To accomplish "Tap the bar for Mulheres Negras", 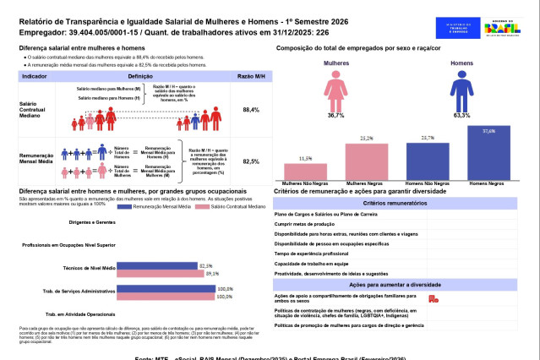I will coord(367,160).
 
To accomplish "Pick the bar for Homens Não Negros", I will coord(428,159).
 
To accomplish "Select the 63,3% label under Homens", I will coord(461,115).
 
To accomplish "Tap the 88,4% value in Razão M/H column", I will coord(250,110).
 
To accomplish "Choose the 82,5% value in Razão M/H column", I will coord(250,161).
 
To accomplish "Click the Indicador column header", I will coord(34,75).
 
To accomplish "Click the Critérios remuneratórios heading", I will coord(406,204).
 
